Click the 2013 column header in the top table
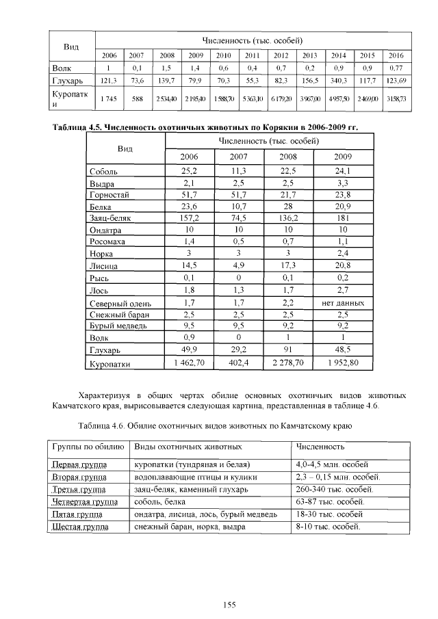[x=309, y=55]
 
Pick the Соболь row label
[x=104, y=171]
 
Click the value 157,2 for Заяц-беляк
[x=188, y=218]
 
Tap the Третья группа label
[x=78, y=490]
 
